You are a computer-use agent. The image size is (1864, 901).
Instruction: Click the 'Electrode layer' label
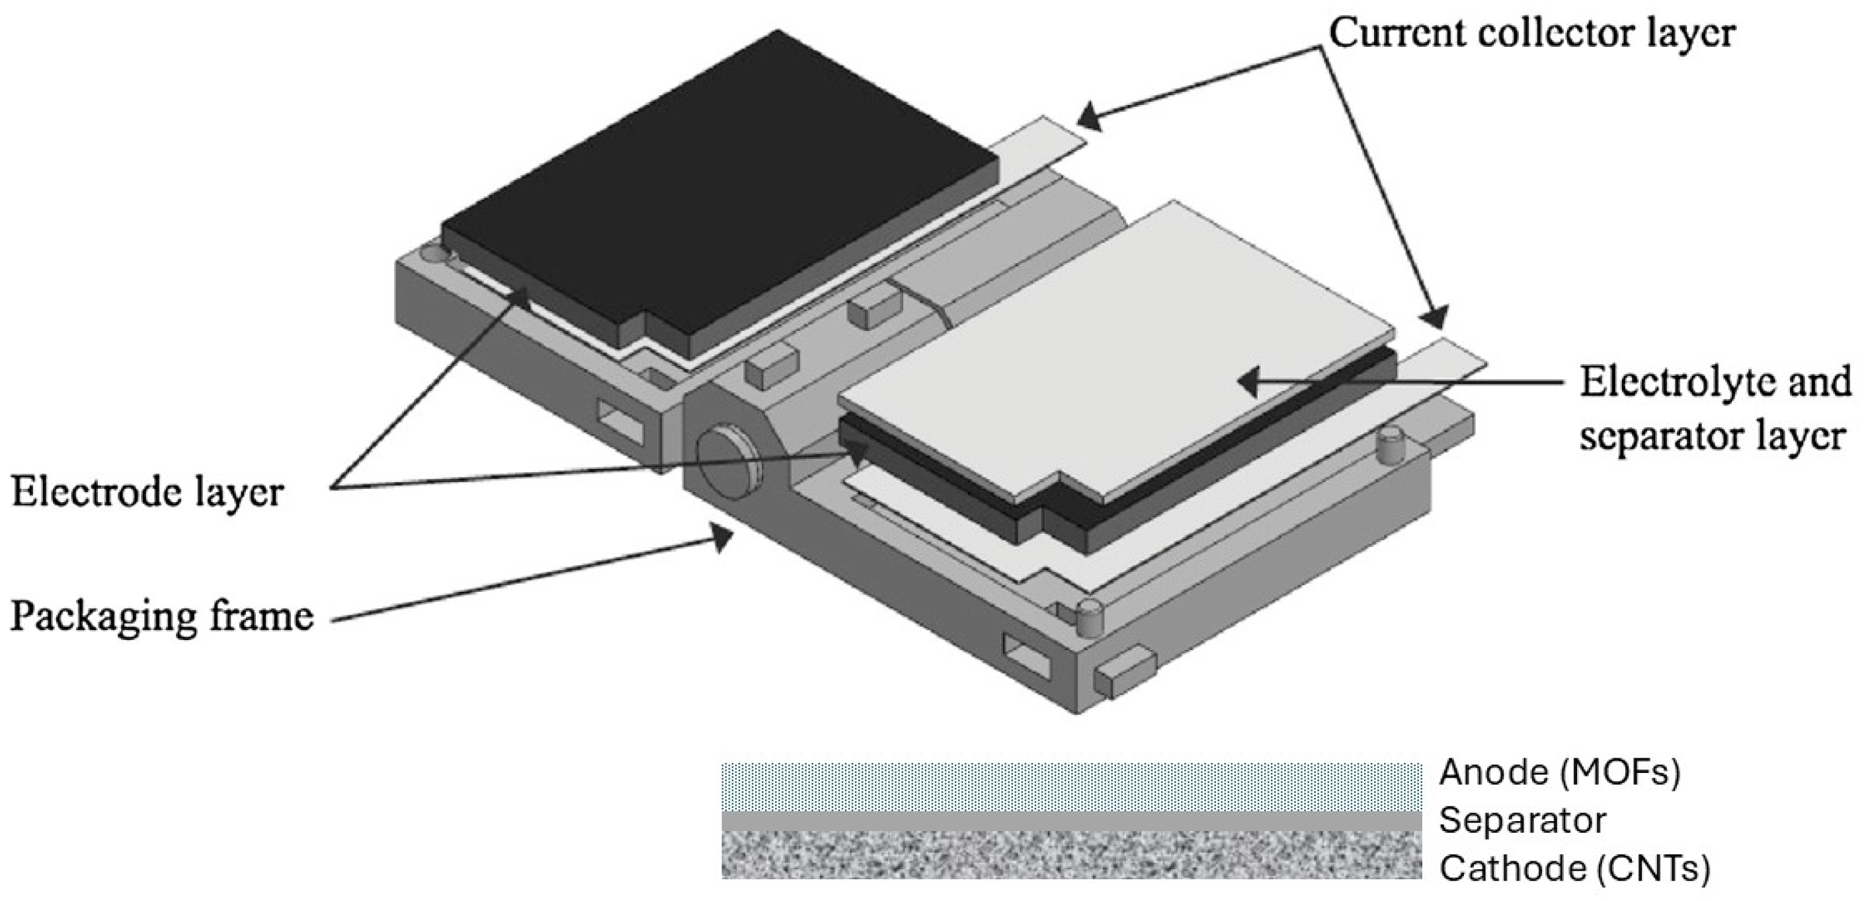tap(147, 493)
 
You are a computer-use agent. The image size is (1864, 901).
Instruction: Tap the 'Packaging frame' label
tap(161, 616)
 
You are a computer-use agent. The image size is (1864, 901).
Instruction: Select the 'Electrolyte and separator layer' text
tap(1713, 410)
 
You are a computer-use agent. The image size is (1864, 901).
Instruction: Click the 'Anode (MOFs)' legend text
tap(1559, 772)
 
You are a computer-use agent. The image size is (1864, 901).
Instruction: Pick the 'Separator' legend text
tap(1522, 820)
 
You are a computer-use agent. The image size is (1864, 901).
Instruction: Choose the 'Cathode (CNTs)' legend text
tap(1574, 868)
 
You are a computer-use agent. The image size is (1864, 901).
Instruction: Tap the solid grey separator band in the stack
tap(1071, 820)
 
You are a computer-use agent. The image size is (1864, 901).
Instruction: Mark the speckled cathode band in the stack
tap(1071, 854)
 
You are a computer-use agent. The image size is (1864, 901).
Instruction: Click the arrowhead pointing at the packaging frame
tap(723, 538)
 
